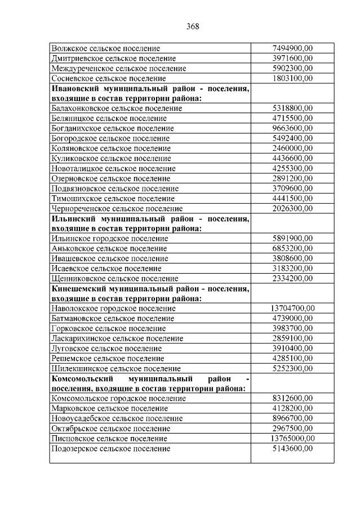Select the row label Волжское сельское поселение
click(x=105, y=48)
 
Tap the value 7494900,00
click(x=292, y=48)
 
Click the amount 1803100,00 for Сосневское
click(x=292, y=78)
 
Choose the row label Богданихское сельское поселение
click(x=113, y=128)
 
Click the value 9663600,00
click(x=292, y=128)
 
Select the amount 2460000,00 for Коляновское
click(x=292, y=148)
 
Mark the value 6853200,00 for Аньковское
click(x=292, y=248)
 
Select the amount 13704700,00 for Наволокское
click(x=292, y=308)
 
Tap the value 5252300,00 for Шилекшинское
click(x=292, y=368)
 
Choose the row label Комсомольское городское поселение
click(x=118, y=398)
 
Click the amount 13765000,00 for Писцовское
click(x=292, y=438)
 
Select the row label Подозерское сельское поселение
click(x=110, y=448)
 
